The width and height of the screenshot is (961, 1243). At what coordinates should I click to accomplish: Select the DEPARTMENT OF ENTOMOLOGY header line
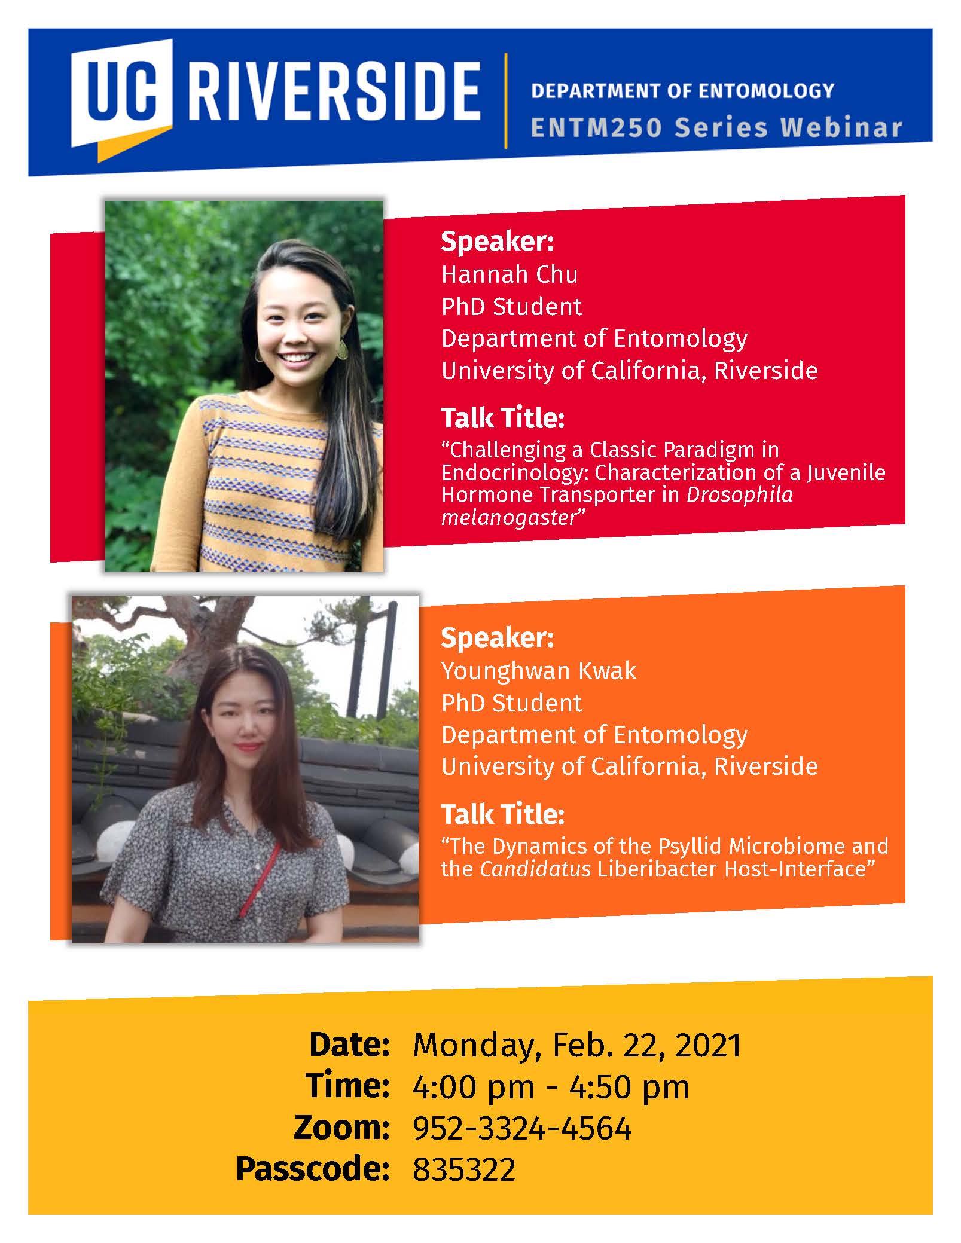pyautogui.click(x=682, y=91)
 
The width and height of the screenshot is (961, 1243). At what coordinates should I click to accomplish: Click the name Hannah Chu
pyautogui.click(x=510, y=274)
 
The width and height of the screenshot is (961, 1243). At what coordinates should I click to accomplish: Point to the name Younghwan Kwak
pyautogui.click(x=539, y=671)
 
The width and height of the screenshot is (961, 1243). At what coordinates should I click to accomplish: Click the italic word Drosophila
pyautogui.click(x=739, y=496)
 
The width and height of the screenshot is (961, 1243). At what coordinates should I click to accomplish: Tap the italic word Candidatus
pyautogui.click(x=535, y=869)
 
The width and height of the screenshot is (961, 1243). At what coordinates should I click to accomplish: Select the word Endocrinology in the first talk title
pyautogui.click(x=515, y=473)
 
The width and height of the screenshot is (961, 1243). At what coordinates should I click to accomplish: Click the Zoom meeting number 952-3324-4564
pyautogui.click(x=522, y=1129)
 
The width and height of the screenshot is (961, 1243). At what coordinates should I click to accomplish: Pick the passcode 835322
pyautogui.click(x=464, y=1170)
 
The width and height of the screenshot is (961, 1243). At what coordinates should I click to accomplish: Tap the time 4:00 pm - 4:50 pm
pyautogui.click(x=551, y=1088)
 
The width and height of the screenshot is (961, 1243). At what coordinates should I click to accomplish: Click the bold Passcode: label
pyautogui.click(x=313, y=1170)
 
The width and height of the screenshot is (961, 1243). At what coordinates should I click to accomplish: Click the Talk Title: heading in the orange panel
pyautogui.click(x=503, y=814)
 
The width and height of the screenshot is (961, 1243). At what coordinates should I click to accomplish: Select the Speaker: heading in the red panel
pyautogui.click(x=498, y=242)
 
